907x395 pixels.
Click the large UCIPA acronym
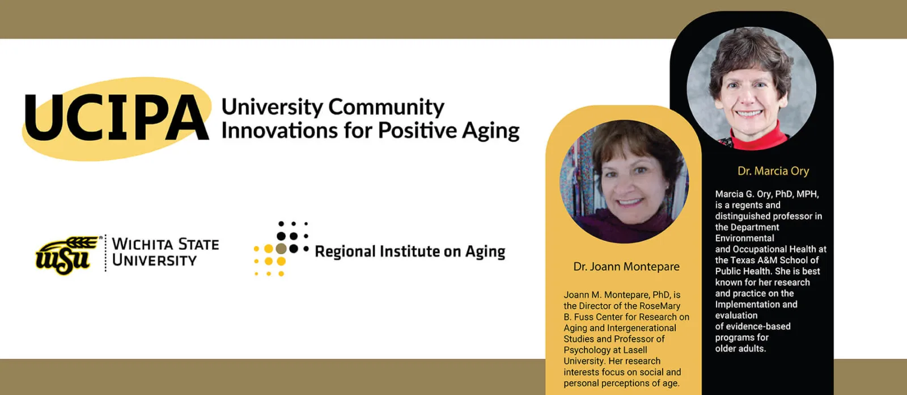coord(117,117)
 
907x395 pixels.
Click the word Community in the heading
coord(386,107)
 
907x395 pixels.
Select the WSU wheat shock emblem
coord(67,255)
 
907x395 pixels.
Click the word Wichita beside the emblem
coord(142,245)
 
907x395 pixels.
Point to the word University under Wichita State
coord(154,260)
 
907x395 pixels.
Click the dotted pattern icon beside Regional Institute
coord(281,249)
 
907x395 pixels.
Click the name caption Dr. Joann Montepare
coord(626,266)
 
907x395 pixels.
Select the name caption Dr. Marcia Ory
coord(773,171)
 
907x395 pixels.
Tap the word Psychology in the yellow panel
coord(585,350)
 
